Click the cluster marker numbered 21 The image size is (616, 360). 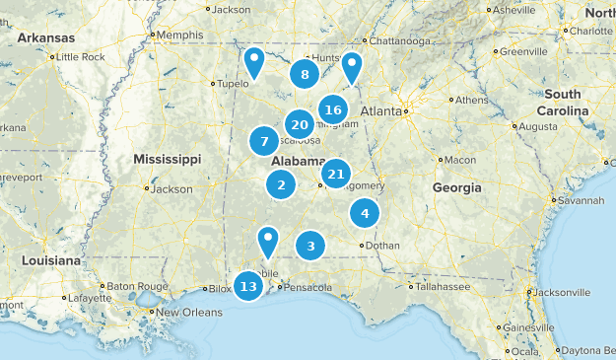click(x=336, y=175)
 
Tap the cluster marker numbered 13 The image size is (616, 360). click(x=248, y=286)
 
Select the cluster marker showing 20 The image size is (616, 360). click(x=300, y=124)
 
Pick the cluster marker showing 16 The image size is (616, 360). click(x=332, y=109)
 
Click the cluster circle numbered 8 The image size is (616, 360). click(x=305, y=74)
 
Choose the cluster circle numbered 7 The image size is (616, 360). click(x=264, y=142)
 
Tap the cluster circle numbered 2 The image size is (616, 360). click(x=282, y=183)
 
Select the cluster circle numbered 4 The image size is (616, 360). click(x=365, y=212)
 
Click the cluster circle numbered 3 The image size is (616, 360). click(x=310, y=247)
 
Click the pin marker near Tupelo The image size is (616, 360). click(x=254, y=64)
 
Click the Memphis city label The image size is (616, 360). click(x=179, y=35)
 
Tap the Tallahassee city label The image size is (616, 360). click(x=442, y=287)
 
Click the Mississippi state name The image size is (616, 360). click(x=167, y=159)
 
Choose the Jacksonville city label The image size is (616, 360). click(x=565, y=293)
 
